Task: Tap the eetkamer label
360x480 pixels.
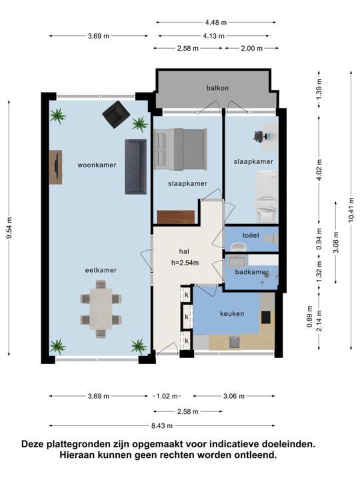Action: tap(101, 270)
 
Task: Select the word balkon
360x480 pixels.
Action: tap(217, 88)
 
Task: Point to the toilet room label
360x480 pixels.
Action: tap(251, 235)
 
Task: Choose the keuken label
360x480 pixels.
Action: tap(232, 313)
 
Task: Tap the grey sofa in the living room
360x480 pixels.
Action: tap(135, 167)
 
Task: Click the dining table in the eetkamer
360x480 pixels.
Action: tap(101, 309)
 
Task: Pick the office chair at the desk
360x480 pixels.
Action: tap(259, 136)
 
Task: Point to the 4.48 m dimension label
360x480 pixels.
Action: tap(215, 22)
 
